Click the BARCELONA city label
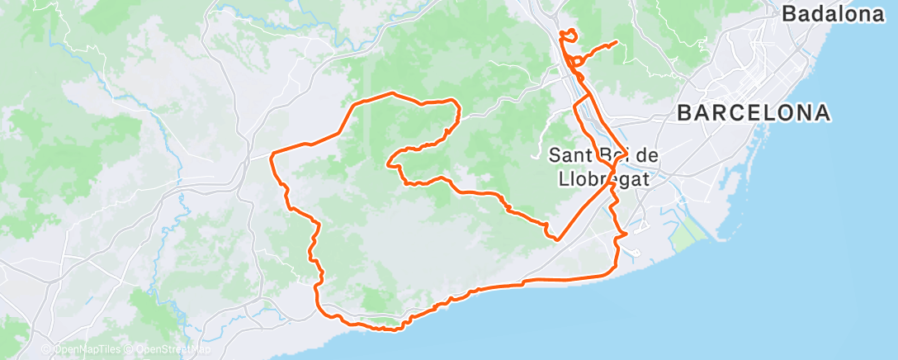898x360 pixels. pos(753,113)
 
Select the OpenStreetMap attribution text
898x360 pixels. pos(171,350)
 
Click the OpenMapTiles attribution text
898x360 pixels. pos(86,350)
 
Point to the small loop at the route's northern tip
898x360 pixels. pos(568,34)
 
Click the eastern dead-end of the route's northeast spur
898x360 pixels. pos(617,42)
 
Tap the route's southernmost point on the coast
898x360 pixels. pos(388,330)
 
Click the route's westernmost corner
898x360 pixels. pos(272,154)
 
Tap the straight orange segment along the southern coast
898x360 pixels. pos(561,281)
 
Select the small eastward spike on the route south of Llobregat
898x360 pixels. pos(625,234)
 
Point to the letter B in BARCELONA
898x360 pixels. pos(684,113)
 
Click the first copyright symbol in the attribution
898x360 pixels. pos(46,350)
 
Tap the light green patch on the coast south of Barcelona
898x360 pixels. pos(688,237)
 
